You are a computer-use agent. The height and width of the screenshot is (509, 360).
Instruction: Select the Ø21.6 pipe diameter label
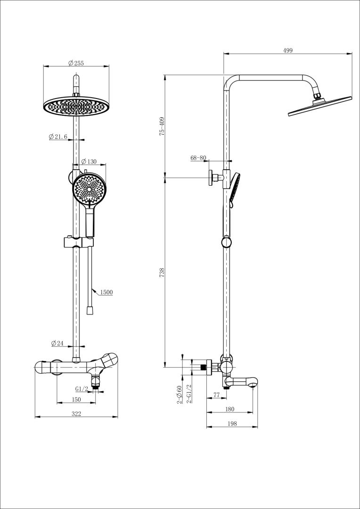click(58, 137)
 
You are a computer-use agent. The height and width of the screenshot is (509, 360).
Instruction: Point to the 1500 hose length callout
click(106, 293)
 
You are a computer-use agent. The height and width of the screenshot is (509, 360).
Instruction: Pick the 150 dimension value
click(77, 400)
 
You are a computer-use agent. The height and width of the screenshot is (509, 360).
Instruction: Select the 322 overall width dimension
click(77, 414)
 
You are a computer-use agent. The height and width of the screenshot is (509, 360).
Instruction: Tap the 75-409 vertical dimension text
click(162, 126)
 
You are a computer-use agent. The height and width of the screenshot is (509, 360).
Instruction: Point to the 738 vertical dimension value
click(162, 272)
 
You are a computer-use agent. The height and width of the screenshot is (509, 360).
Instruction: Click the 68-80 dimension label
click(198, 158)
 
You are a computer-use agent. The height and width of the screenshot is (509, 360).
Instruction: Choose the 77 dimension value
click(217, 395)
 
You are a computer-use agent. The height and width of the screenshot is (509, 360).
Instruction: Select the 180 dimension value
click(230, 410)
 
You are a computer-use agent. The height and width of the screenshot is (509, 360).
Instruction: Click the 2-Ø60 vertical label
click(179, 395)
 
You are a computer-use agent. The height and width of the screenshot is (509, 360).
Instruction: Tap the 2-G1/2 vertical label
click(189, 394)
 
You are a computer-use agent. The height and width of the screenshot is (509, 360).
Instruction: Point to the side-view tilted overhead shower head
click(320, 106)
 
